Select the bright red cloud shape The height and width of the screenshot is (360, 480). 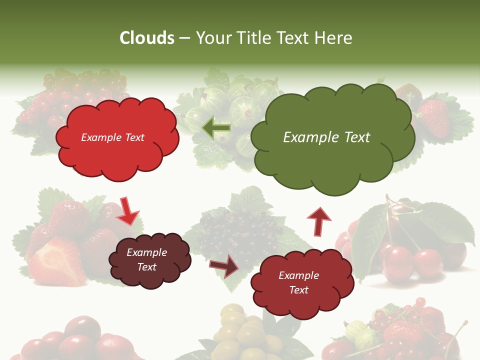[117, 150]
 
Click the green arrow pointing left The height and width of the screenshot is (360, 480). [216, 128]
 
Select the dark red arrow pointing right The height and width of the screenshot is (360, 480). [224, 266]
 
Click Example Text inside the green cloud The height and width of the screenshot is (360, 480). [326, 137]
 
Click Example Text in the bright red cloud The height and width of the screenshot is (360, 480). [112, 137]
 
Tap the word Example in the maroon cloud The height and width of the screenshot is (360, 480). [146, 253]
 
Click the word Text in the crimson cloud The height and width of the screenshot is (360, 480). [298, 290]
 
